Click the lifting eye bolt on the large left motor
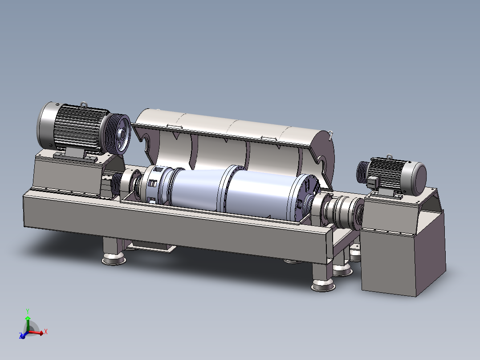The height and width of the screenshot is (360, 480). (84, 105)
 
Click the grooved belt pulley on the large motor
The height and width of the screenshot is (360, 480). (118, 134)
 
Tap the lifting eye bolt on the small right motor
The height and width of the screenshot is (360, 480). (389, 157)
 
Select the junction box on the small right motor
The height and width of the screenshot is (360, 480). (373, 182)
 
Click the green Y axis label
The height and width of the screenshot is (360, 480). (28, 311)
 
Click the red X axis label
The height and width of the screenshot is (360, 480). (45, 331)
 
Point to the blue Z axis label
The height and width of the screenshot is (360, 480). (21, 335)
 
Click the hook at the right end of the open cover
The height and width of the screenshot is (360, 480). (330, 135)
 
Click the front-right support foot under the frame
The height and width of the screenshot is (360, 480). (323, 277)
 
